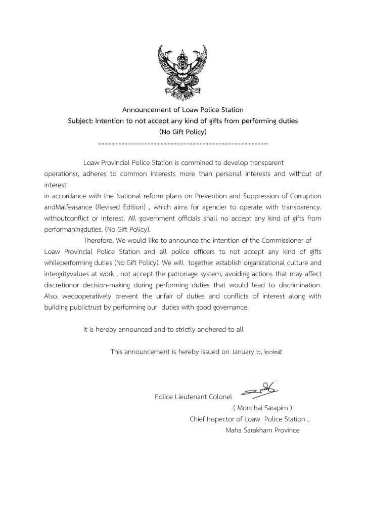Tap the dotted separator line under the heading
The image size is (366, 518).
[x=182, y=144]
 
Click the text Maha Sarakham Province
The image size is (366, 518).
[x=262, y=430]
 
